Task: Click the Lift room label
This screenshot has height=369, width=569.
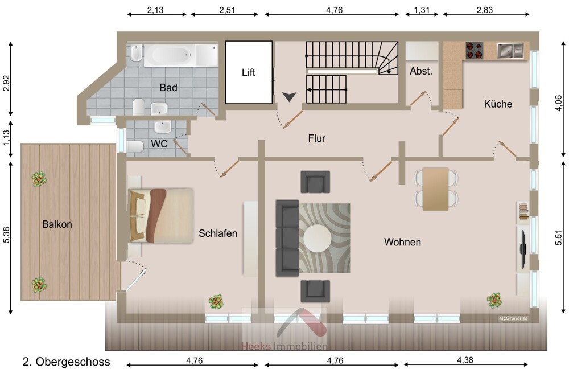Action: click(x=249, y=73)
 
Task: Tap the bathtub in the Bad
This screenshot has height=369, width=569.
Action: click(x=170, y=56)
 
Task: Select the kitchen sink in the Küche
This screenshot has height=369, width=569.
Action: click(x=510, y=51)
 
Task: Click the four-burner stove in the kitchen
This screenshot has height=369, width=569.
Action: click(x=475, y=51)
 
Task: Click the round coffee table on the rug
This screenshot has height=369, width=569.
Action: click(x=317, y=239)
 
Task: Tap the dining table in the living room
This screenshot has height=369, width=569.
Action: click(x=435, y=189)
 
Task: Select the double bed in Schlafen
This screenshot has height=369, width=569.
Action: click(x=161, y=215)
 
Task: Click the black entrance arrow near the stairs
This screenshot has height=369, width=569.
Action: click(x=290, y=97)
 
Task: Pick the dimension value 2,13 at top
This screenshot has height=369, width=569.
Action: click(x=155, y=10)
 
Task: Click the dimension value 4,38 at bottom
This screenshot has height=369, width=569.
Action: click(x=465, y=360)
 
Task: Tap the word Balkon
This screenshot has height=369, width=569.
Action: click(x=57, y=224)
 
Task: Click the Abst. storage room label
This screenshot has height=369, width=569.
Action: click(x=421, y=71)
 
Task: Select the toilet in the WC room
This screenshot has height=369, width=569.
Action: click(x=135, y=147)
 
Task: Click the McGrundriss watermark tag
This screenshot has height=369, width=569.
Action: click(x=513, y=318)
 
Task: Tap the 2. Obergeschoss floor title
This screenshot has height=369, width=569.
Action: click(x=66, y=362)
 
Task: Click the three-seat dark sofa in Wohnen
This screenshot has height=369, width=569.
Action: click(x=287, y=238)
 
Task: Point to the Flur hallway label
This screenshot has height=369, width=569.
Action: click(x=317, y=138)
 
